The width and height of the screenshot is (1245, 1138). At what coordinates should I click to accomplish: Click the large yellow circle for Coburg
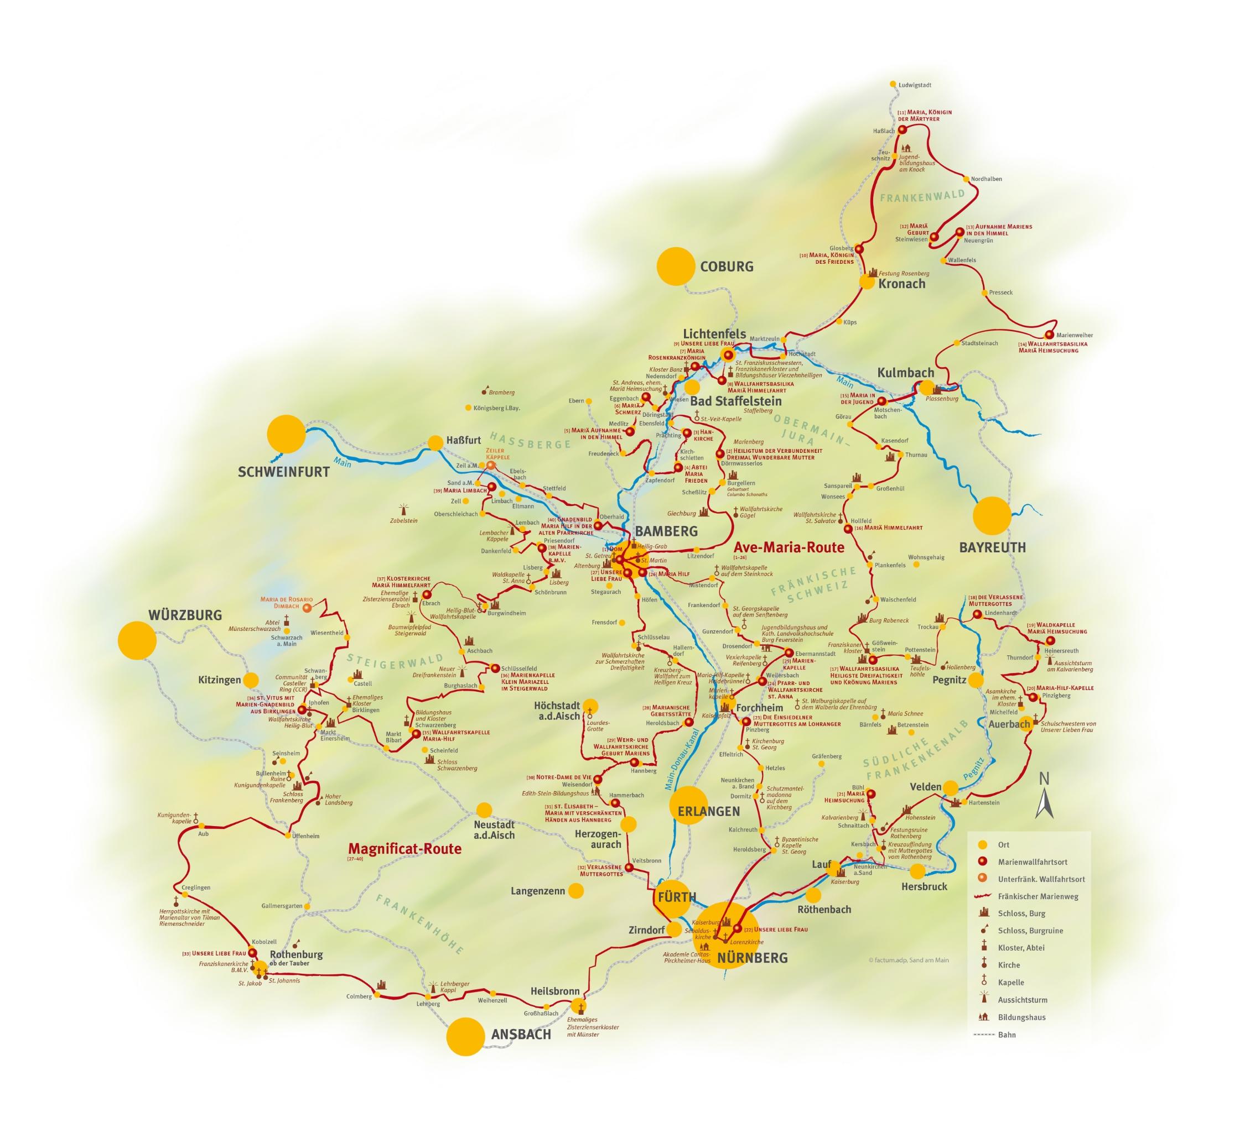click(676, 266)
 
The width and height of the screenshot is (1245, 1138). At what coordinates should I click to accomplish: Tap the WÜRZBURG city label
click(185, 615)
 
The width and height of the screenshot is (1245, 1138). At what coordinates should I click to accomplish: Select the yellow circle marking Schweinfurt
click(286, 434)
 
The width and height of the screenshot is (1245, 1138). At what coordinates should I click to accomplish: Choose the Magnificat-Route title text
click(404, 849)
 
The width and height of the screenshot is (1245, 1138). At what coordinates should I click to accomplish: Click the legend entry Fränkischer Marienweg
click(1037, 896)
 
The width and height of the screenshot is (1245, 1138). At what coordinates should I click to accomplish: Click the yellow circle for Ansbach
click(465, 1036)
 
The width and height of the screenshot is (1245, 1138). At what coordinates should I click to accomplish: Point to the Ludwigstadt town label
click(915, 85)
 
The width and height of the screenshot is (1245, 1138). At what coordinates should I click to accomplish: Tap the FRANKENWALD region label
click(922, 196)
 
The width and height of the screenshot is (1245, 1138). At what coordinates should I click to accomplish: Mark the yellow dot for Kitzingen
click(251, 680)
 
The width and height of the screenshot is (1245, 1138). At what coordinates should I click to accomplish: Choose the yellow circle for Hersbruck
click(917, 871)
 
